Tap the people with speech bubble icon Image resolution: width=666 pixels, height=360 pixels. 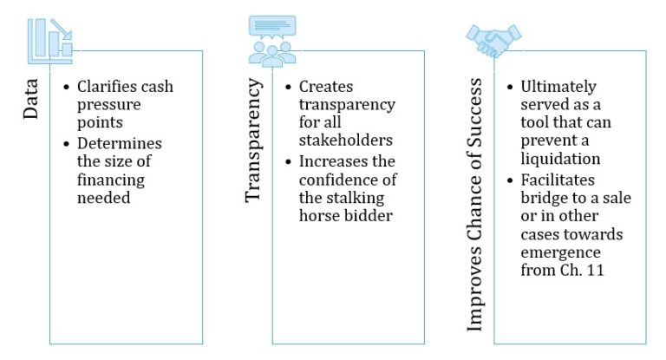[271, 42]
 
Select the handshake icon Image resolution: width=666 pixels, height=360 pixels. [493, 38]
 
